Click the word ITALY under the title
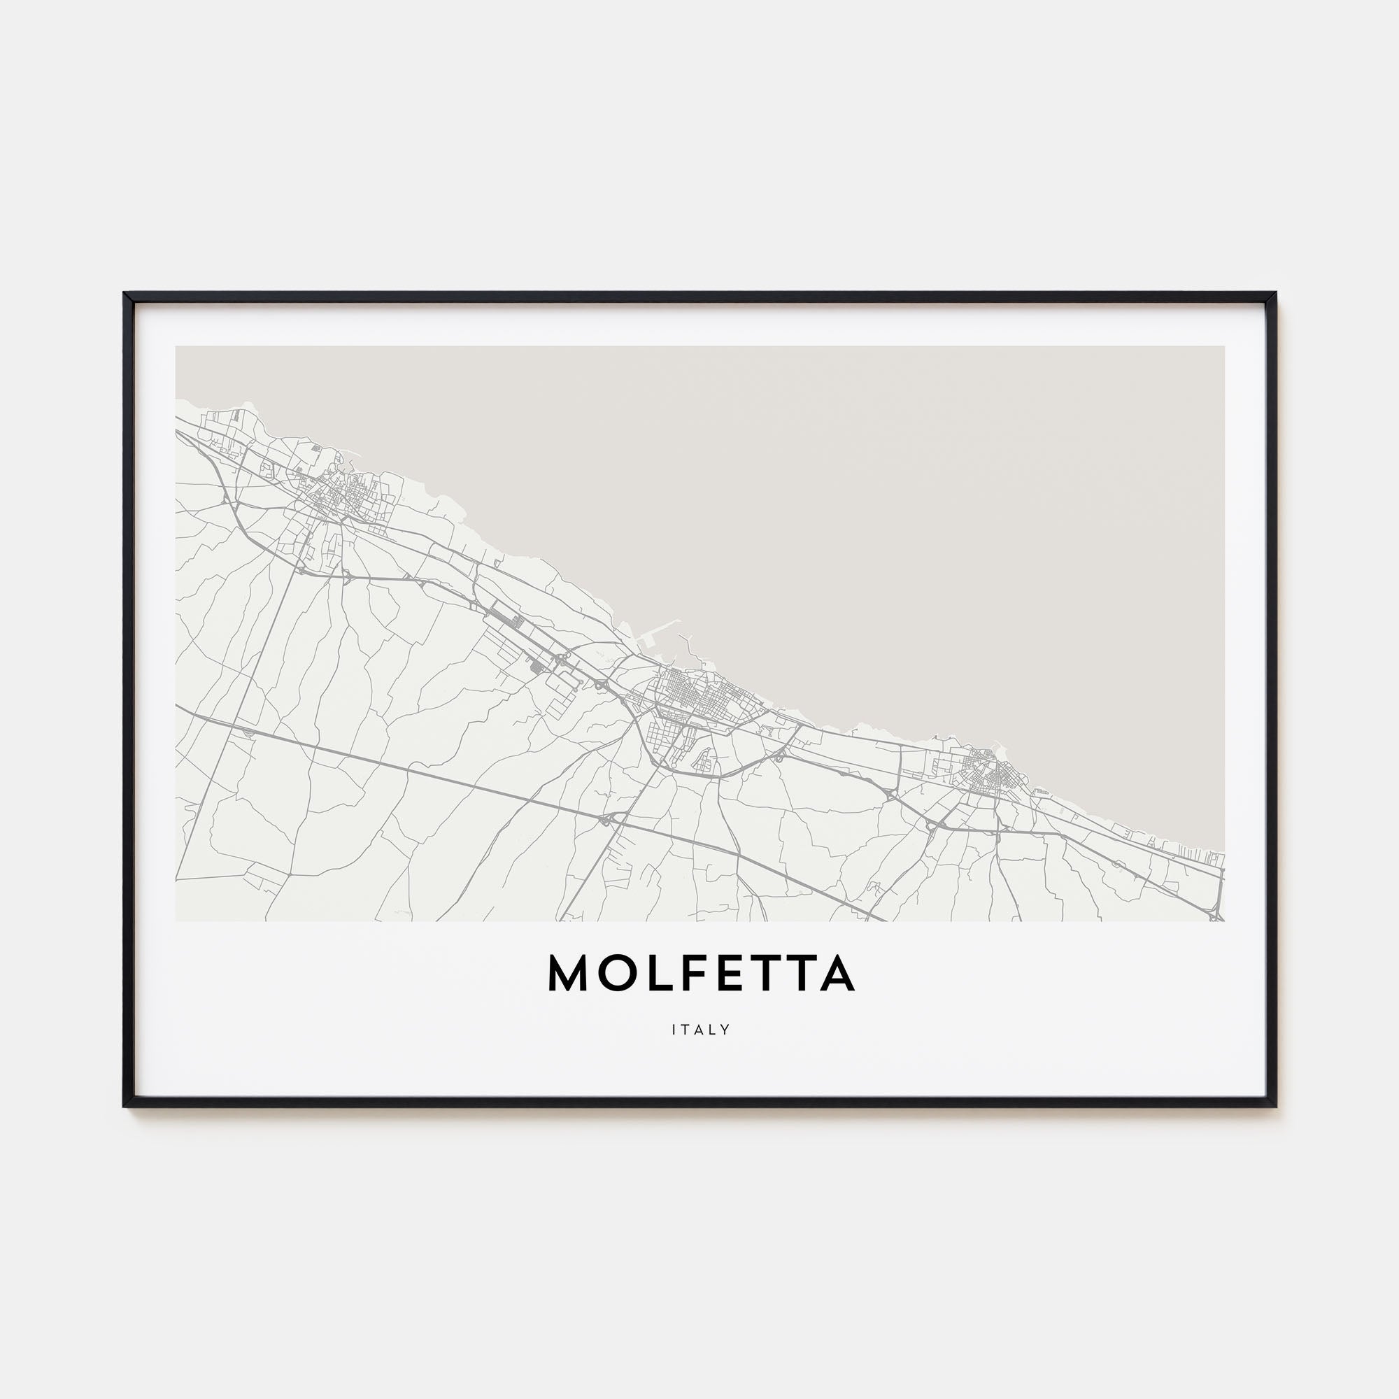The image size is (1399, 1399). (x=700, y=1029)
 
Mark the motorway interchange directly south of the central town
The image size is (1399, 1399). (x=609, y=819)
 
